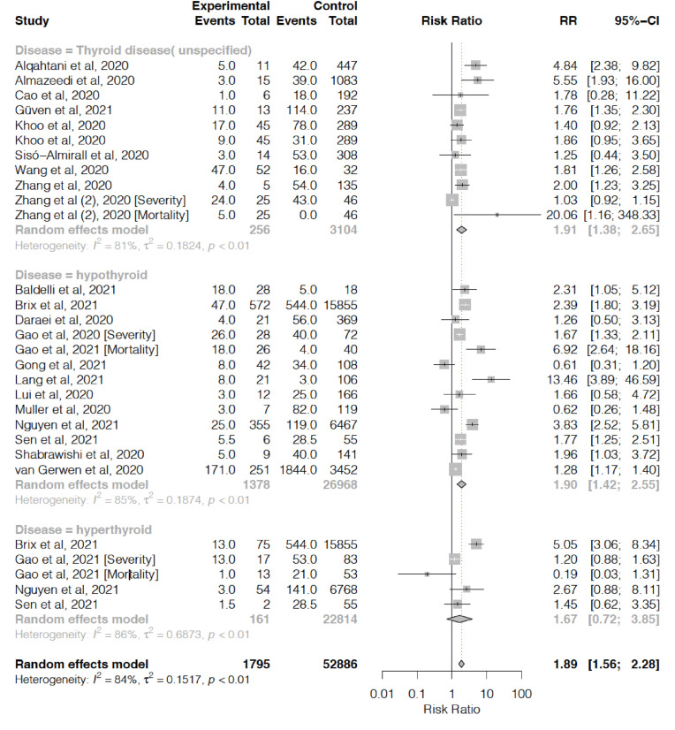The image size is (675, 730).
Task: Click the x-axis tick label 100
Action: coord(521,693)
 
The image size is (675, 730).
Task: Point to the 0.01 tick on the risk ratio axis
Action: coord(381,693)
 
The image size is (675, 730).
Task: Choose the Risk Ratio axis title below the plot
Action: coord(451,709)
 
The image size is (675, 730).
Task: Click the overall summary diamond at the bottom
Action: coord(461,664)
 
